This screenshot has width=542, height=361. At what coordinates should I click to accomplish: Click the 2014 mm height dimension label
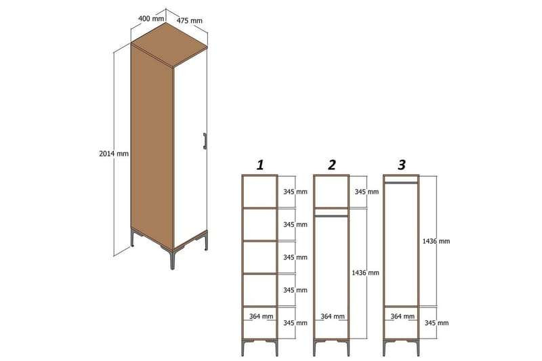tap(113, 154)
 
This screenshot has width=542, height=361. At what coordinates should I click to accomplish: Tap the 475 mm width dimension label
tap(190, 21)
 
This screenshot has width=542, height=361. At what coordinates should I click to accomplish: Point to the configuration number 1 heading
tap(259, 165)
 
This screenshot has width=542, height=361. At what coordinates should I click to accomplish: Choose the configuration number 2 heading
tap(331, 165)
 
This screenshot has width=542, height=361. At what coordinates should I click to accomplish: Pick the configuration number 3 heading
tap(402, 165)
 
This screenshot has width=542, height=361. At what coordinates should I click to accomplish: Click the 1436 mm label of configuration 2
tap(365, 273)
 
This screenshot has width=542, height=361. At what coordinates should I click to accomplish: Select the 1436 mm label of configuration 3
tap(435, 240)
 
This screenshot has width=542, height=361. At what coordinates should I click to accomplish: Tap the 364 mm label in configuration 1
tap(260, 316)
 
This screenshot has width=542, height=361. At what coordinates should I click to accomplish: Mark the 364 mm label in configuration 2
tap(331, 316)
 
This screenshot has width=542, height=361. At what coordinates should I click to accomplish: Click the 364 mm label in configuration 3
tap(401, 316)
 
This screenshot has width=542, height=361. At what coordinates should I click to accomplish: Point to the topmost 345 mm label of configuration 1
tap(295, 192)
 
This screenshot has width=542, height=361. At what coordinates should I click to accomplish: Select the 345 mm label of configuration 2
tap(365, 192)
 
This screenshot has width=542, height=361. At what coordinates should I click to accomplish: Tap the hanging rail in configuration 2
tap(331, 216)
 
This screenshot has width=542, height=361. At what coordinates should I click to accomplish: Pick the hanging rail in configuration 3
tap(401, 182)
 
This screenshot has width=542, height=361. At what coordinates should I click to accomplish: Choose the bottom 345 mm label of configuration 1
tap(295, 323)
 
